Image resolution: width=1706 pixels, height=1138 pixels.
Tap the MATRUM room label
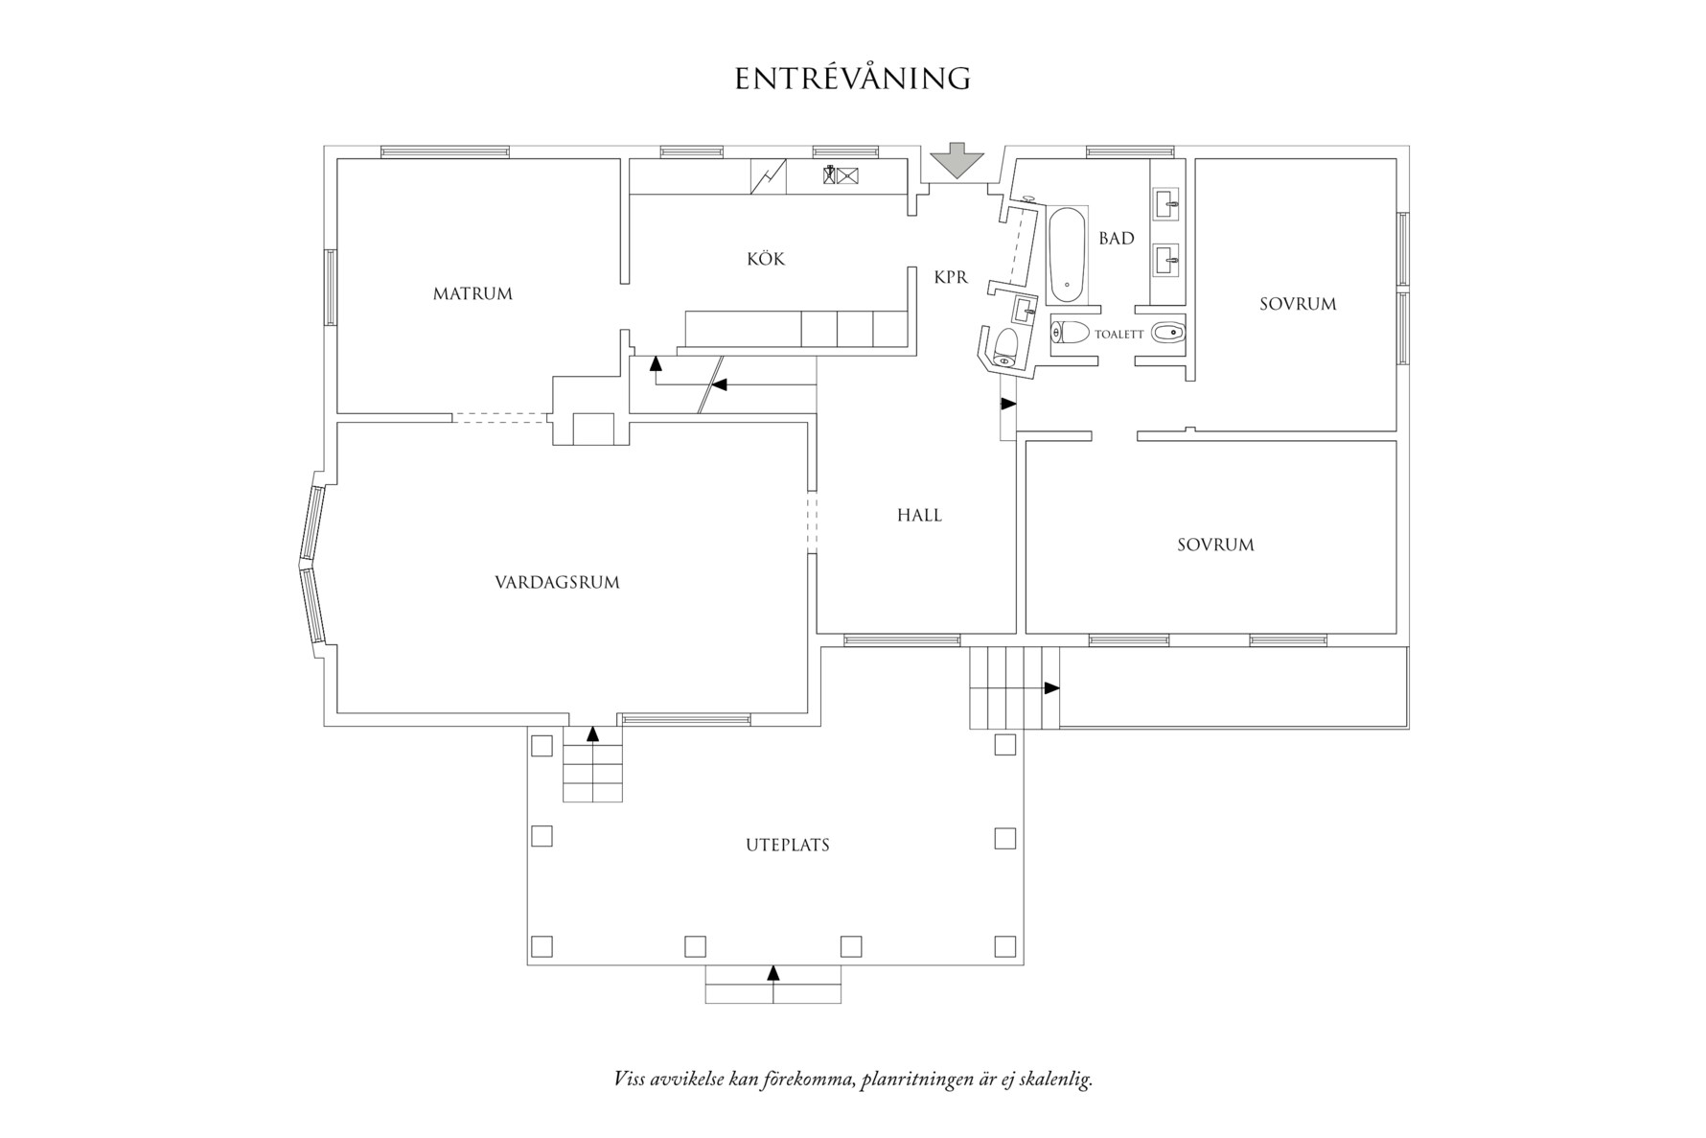473,294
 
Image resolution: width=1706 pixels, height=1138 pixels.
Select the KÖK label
766,259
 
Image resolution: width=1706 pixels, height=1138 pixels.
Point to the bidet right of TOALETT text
1168,334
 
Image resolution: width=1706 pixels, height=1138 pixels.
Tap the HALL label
919,516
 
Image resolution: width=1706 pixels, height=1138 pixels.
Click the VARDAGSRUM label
557,583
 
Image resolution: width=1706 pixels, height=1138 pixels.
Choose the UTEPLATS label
788,846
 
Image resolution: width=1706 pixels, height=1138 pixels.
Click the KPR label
951,278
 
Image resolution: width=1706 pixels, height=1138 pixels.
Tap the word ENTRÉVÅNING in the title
852,79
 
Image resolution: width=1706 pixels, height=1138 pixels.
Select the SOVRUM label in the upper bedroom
1298,305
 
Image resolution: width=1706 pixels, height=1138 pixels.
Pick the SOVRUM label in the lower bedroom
1215,546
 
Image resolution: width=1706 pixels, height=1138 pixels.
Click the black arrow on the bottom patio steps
773,973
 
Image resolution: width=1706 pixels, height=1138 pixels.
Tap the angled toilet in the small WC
1005,346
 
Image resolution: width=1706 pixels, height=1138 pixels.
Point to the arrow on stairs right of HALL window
1051,688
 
